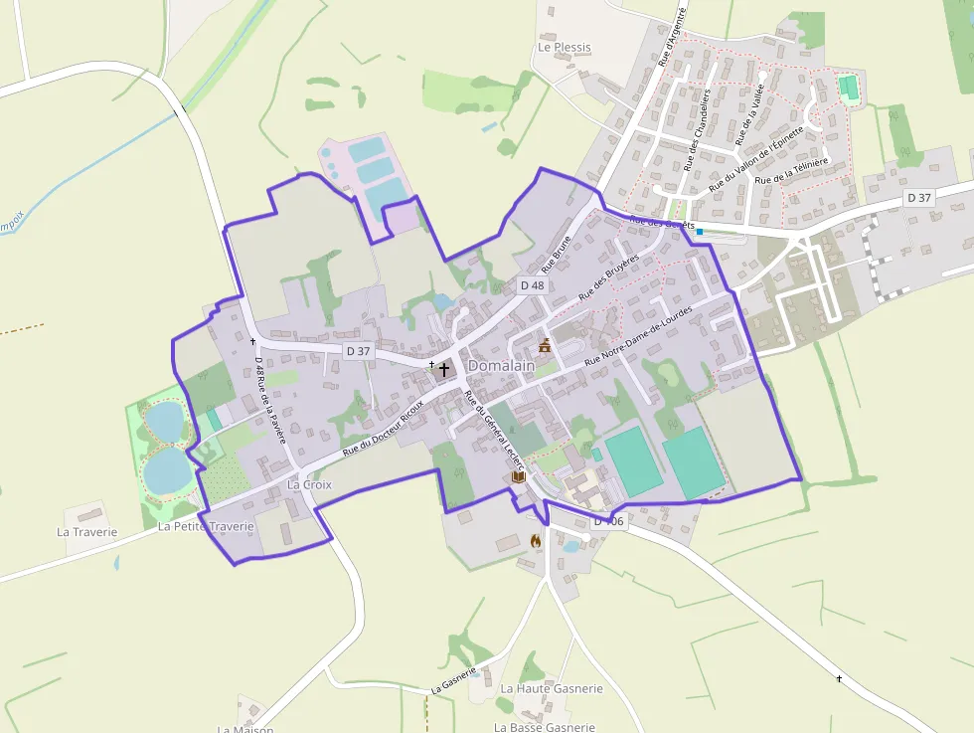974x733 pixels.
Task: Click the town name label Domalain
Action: coord(501,366)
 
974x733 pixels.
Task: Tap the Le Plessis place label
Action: coord(564,47)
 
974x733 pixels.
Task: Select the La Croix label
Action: coord(308,484)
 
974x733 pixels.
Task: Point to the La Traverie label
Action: coord(87,532)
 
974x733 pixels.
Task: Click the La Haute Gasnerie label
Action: coord(552,688)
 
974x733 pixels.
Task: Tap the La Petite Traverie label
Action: coord(206,526)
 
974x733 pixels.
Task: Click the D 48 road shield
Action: coord(532,285)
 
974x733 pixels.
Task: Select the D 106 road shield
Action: coord(608,521)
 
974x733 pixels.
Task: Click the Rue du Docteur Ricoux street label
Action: coord(384,428)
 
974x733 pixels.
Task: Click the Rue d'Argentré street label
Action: coord(672,37)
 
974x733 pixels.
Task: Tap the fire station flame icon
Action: coord(537,542)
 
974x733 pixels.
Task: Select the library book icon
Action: coord(518,477)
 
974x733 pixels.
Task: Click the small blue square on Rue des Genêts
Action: coord(700,232)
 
